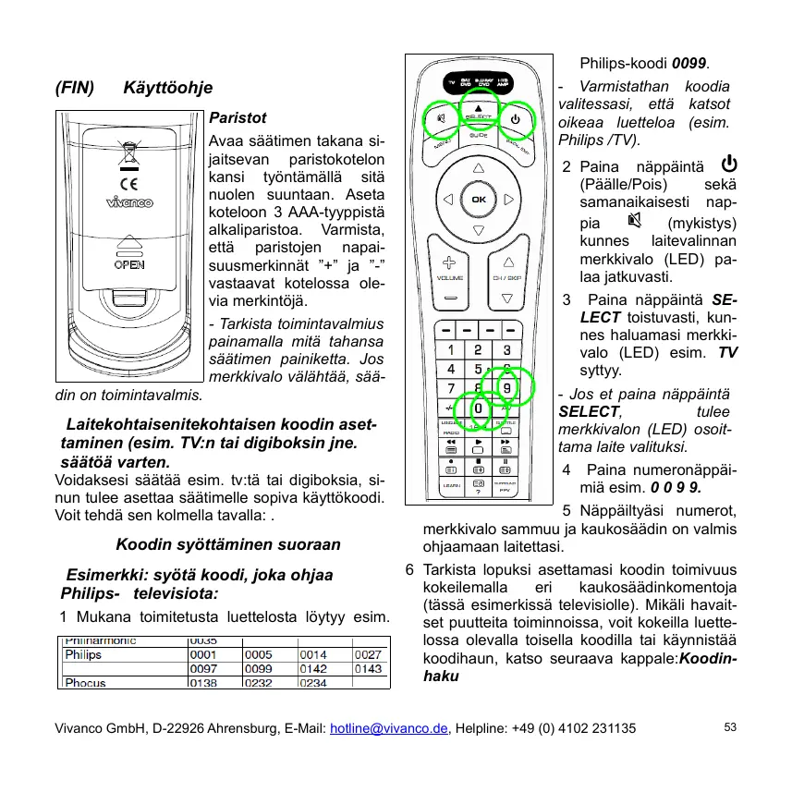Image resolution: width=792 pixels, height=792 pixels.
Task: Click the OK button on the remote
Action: (x=478, y=199)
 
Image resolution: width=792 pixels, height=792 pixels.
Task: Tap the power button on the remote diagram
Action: (x=515, y=118)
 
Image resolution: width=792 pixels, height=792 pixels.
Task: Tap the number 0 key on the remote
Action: (x=478, y=408)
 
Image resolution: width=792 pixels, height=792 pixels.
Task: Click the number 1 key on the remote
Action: (x=450, y=349)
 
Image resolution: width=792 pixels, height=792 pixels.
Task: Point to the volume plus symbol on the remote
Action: (x=449, y=262)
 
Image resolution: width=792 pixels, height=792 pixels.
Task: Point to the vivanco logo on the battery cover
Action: (x=129, y=203)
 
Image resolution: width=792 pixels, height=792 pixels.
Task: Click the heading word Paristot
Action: (x=238, y=118)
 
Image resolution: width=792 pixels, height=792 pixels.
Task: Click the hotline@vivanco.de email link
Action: (x=387, y=728)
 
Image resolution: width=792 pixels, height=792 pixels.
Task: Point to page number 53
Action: (x=730, y=727)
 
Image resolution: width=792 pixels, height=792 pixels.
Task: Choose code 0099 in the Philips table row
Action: (x=258, y=668)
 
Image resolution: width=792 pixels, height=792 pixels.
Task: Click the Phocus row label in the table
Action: (x=84, y=683)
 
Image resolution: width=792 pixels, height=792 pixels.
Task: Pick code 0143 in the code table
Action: (x=369, y=668)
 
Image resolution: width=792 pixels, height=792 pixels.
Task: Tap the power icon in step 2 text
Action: (x=728, y=164)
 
